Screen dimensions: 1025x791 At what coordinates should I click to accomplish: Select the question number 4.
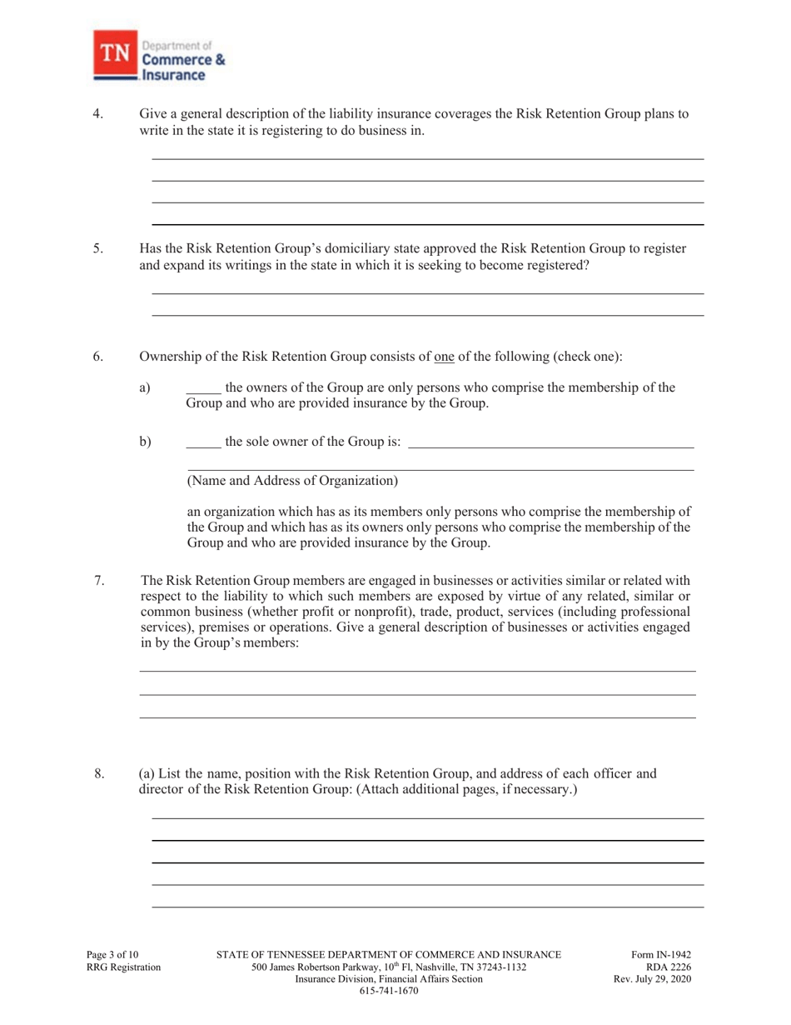click(97, 114)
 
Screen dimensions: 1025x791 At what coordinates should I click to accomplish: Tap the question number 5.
click(97, 248)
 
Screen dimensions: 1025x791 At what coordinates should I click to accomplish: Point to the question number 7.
click(99, 581)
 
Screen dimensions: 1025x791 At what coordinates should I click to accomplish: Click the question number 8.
click(99, 774)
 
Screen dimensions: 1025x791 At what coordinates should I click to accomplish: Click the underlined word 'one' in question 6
click(445, 357)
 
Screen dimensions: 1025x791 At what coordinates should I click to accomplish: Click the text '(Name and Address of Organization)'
click(292, 481)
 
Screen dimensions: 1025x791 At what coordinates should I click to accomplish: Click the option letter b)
click(146, 442)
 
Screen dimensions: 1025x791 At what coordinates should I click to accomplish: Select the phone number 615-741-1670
click(388, 991)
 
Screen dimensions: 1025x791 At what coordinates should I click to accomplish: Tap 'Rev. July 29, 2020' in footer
click(652, 979)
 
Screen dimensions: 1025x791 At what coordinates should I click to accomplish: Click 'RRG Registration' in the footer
click(123, 967)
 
